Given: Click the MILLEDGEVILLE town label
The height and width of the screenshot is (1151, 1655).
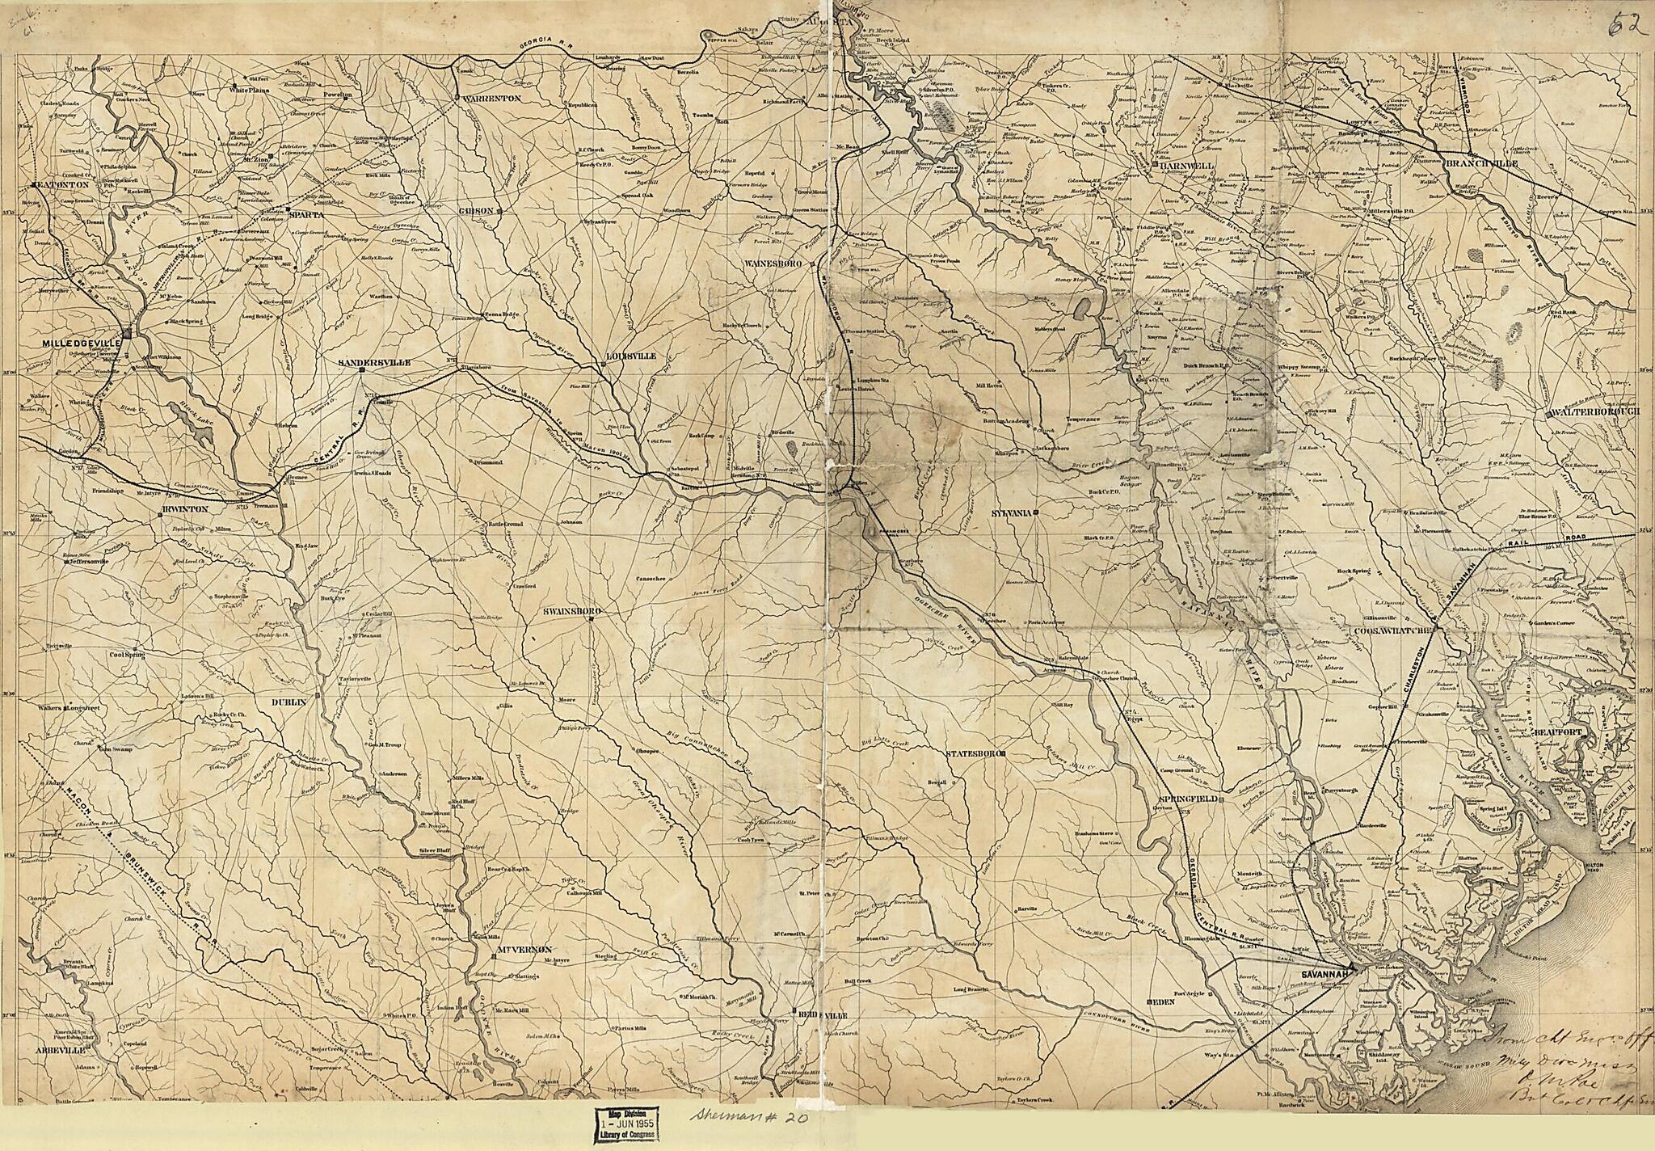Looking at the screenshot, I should coord(82,344).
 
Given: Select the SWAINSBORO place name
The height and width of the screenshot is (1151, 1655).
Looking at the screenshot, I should coord(569,612).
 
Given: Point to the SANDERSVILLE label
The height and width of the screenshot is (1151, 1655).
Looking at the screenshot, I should coord(374,363).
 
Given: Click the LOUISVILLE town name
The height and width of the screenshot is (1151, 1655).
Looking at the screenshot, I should coord(631,356).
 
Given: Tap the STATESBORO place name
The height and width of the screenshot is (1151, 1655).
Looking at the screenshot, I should coord(975,753).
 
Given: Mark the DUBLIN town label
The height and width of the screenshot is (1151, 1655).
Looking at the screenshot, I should coord(289,702).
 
